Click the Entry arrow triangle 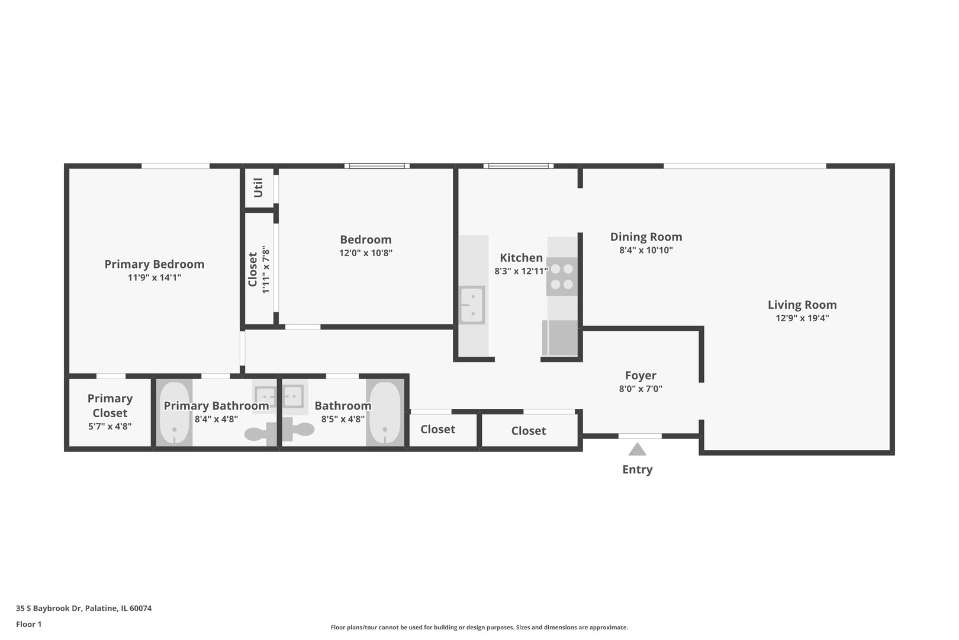637,450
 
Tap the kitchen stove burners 561,277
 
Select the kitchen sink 472,305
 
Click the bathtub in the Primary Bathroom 175,413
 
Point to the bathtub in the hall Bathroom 385,413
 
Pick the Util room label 258,188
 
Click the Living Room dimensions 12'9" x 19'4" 802,318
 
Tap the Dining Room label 646,237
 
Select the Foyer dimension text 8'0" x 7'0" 641,389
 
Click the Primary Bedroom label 154,264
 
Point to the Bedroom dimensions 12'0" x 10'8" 365,253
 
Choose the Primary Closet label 110,405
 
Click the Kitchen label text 521,258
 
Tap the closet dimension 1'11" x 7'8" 266,270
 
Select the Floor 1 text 28,624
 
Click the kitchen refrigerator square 560,338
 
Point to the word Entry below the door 637,469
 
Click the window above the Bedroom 377,166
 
